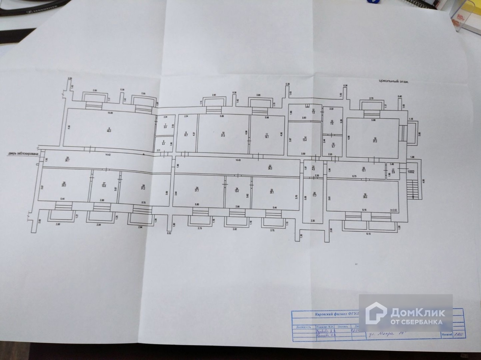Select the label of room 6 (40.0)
click(x=109, y=130)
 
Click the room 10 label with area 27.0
click(x=223, y=134)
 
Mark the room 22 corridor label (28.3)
click(x=270, y=167)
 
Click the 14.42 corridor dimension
click(x=108, y=154)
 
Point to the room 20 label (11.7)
click(x=315, y=194)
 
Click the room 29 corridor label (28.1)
click(x=68, y=158)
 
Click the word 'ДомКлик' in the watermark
click(x=417, y=312)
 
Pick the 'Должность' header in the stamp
click(x=304, y=327)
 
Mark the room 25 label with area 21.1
click(x=197, y=190)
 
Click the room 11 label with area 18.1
click(x=267, y=135)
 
